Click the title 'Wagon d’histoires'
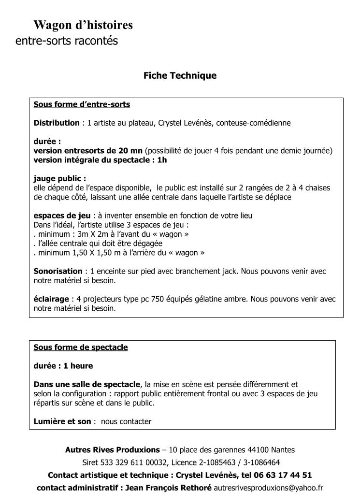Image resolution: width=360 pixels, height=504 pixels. point(83,25)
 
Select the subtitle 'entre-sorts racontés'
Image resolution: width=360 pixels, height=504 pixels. point(67,41)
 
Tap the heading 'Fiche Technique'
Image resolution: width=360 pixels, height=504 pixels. point(180,75)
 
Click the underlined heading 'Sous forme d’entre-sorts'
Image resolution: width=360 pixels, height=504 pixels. point(82,104)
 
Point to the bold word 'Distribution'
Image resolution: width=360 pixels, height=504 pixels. point(57,123)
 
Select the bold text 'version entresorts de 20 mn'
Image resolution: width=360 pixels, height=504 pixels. point(88,151)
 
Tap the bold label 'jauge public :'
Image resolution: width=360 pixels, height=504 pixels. point(60,178)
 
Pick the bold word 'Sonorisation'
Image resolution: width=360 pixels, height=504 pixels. point(58,271)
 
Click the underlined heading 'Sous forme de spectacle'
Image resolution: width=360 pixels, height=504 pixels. point(81,347)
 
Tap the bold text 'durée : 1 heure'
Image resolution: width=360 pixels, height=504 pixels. point(63,366)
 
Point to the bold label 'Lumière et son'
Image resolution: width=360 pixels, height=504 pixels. point(62,421)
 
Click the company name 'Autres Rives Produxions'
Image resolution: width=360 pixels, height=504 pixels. point(112,450)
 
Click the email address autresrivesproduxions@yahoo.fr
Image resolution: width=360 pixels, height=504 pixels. point(268,488)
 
